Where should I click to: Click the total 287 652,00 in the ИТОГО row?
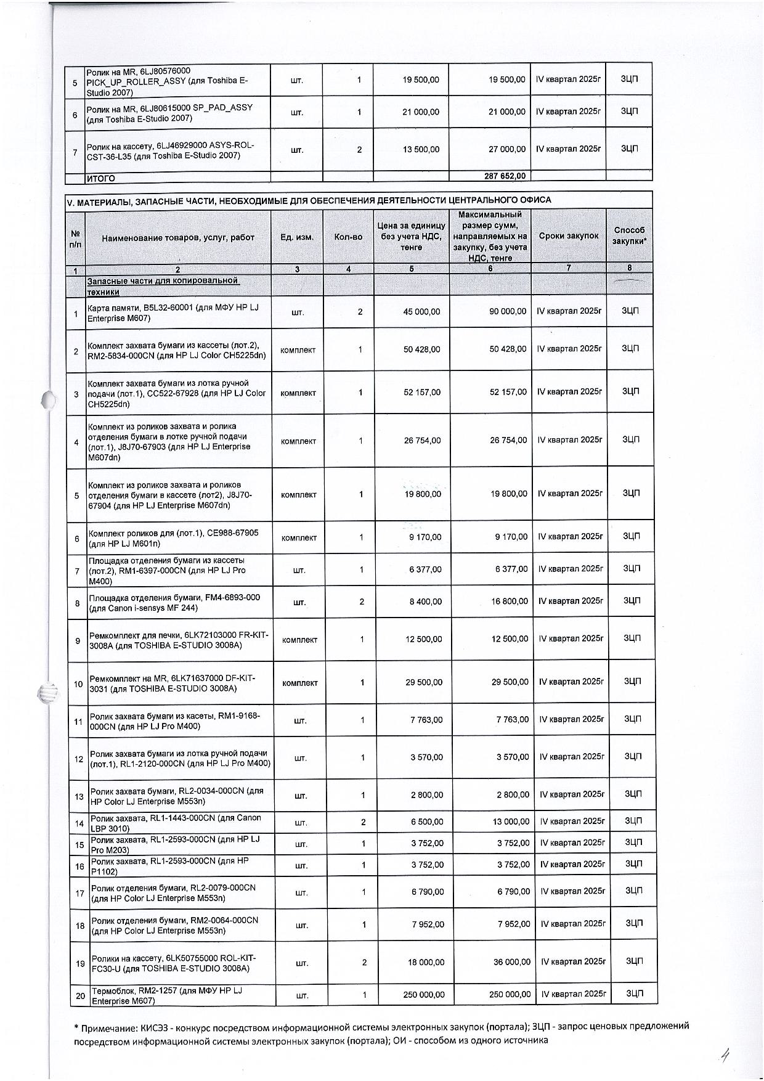tap(505, 176)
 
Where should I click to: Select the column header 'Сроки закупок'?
tap(568, 236)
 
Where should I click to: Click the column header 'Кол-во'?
tap(348, 237)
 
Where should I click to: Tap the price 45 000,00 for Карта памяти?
tap(421, 312)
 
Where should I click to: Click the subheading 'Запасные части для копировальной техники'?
tap(163, 286)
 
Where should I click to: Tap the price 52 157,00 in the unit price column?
tap(422, 392)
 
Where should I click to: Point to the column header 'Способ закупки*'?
tap(629, 235)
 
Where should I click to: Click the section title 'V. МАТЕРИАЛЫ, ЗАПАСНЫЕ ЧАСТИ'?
tap(308, 200)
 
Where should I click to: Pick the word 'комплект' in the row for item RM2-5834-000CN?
tap(298, 350)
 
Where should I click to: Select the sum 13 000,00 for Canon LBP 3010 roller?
tap(511, 822)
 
